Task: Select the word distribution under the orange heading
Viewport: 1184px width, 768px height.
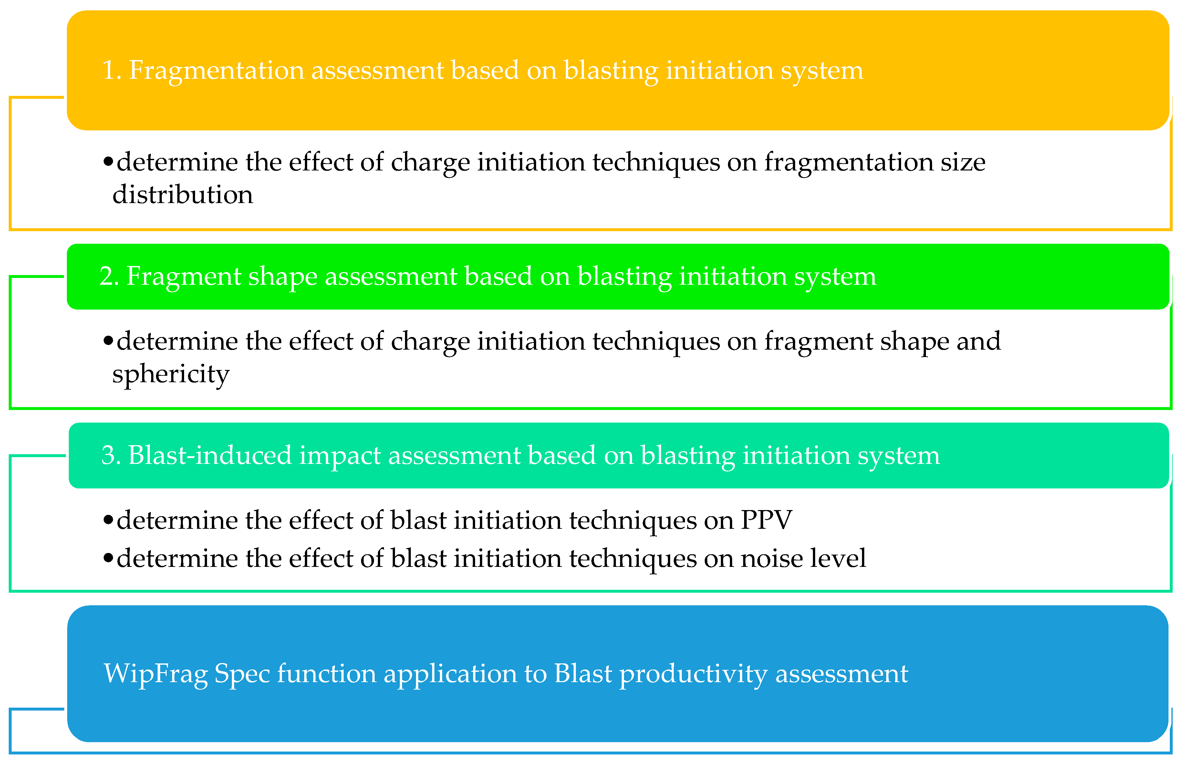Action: (182, 194)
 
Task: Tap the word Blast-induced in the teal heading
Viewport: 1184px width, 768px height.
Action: (210, 456)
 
